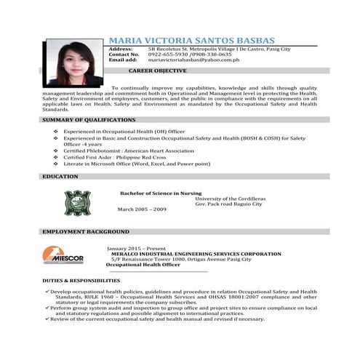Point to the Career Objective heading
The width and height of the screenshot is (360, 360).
point(158,71)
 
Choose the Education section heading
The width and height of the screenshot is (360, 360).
point(60,177)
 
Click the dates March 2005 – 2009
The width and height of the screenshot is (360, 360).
point(142,209)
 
